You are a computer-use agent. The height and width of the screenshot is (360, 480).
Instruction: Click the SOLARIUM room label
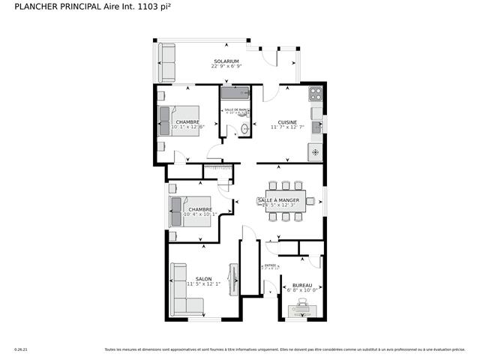tap(226, 61)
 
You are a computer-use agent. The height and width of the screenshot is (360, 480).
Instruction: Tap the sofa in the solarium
tap(166, 62)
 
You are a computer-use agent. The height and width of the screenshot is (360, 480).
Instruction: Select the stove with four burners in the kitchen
tap(315, 94)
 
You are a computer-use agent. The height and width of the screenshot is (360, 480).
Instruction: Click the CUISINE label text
tap(287, 122)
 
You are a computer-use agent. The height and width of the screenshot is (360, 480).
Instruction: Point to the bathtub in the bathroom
tap(235, 94)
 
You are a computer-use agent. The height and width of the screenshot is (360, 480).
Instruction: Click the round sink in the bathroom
tap(244, 130)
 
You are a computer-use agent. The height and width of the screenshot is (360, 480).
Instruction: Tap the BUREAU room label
tap(302, 286)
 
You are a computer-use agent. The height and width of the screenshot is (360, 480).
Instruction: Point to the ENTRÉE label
tap(269, 265)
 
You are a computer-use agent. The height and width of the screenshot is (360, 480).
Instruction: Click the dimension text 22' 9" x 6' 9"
tap(226, 67)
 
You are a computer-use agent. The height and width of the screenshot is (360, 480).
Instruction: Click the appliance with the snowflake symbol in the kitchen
tap(315, 152)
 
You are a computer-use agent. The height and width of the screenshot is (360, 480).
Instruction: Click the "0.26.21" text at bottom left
tap(21, 349)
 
